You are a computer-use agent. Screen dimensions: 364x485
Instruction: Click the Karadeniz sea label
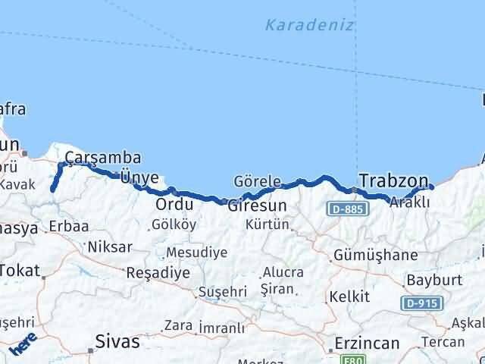coord(309,25)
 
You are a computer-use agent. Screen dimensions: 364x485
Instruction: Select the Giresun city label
coord(257,206)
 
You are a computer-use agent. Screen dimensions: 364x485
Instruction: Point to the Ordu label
coord(170,206)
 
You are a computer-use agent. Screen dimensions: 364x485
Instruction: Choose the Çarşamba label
coord(103,158)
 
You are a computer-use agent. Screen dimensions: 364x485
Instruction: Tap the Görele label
coord(257,182)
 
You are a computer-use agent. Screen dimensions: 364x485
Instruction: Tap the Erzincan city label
coord(367,344)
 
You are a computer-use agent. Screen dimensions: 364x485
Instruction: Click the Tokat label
coord(19,269)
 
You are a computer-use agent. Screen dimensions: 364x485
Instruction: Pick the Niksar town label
coord(110,246)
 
